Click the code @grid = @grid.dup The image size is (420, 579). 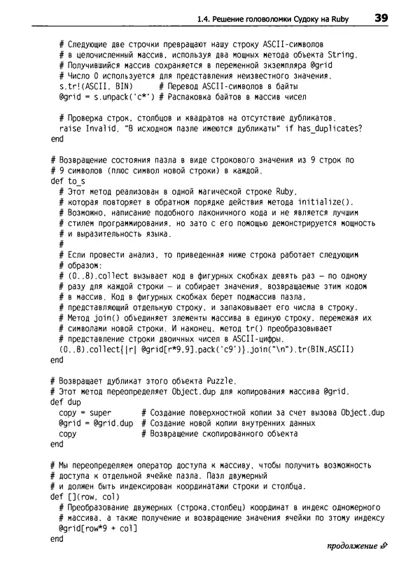click(97, 423)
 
